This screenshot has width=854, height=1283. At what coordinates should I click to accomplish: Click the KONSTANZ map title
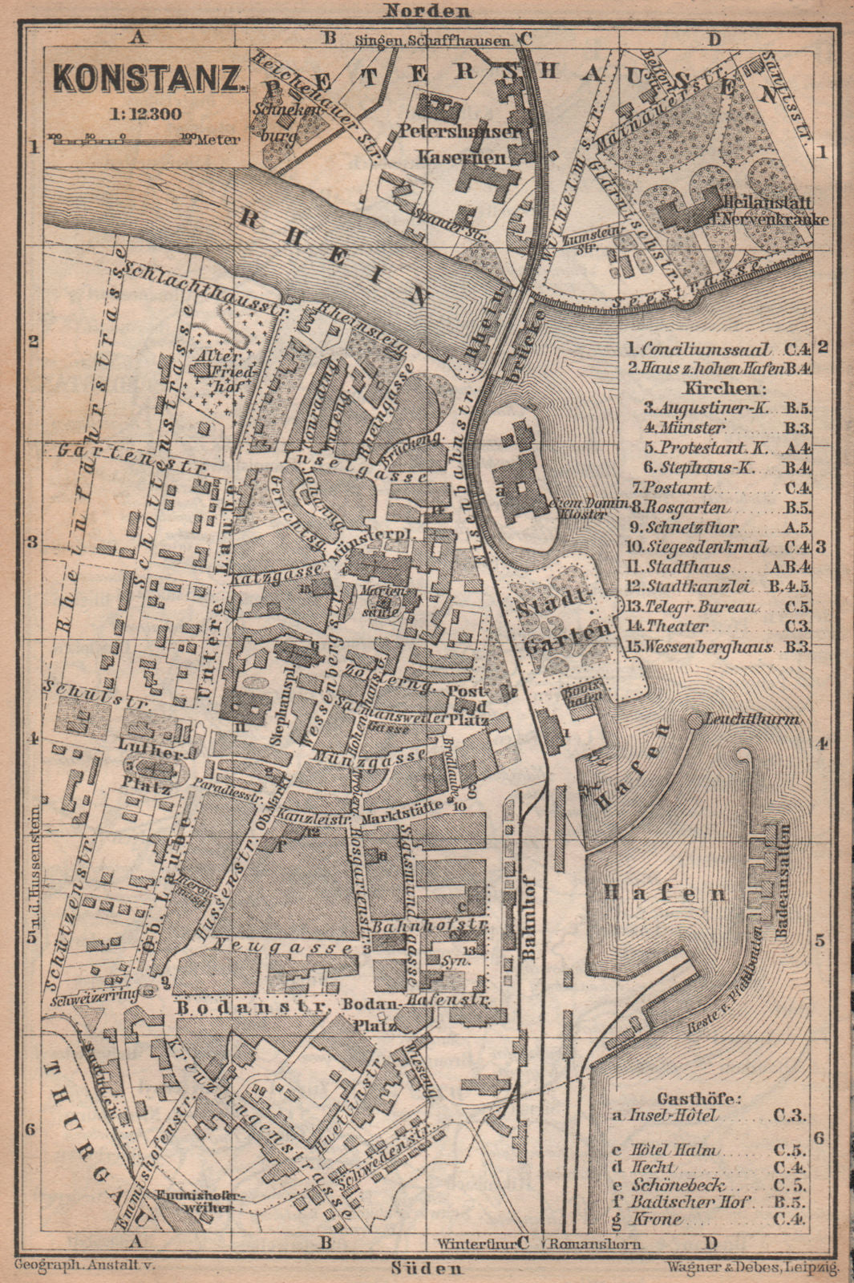click(148, 79)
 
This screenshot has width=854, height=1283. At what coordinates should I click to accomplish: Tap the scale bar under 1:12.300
click(132, 137)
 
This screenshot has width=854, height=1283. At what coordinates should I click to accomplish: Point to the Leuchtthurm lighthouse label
click(753, 720)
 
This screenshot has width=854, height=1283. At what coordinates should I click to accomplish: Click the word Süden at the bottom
click(427, 1267)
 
